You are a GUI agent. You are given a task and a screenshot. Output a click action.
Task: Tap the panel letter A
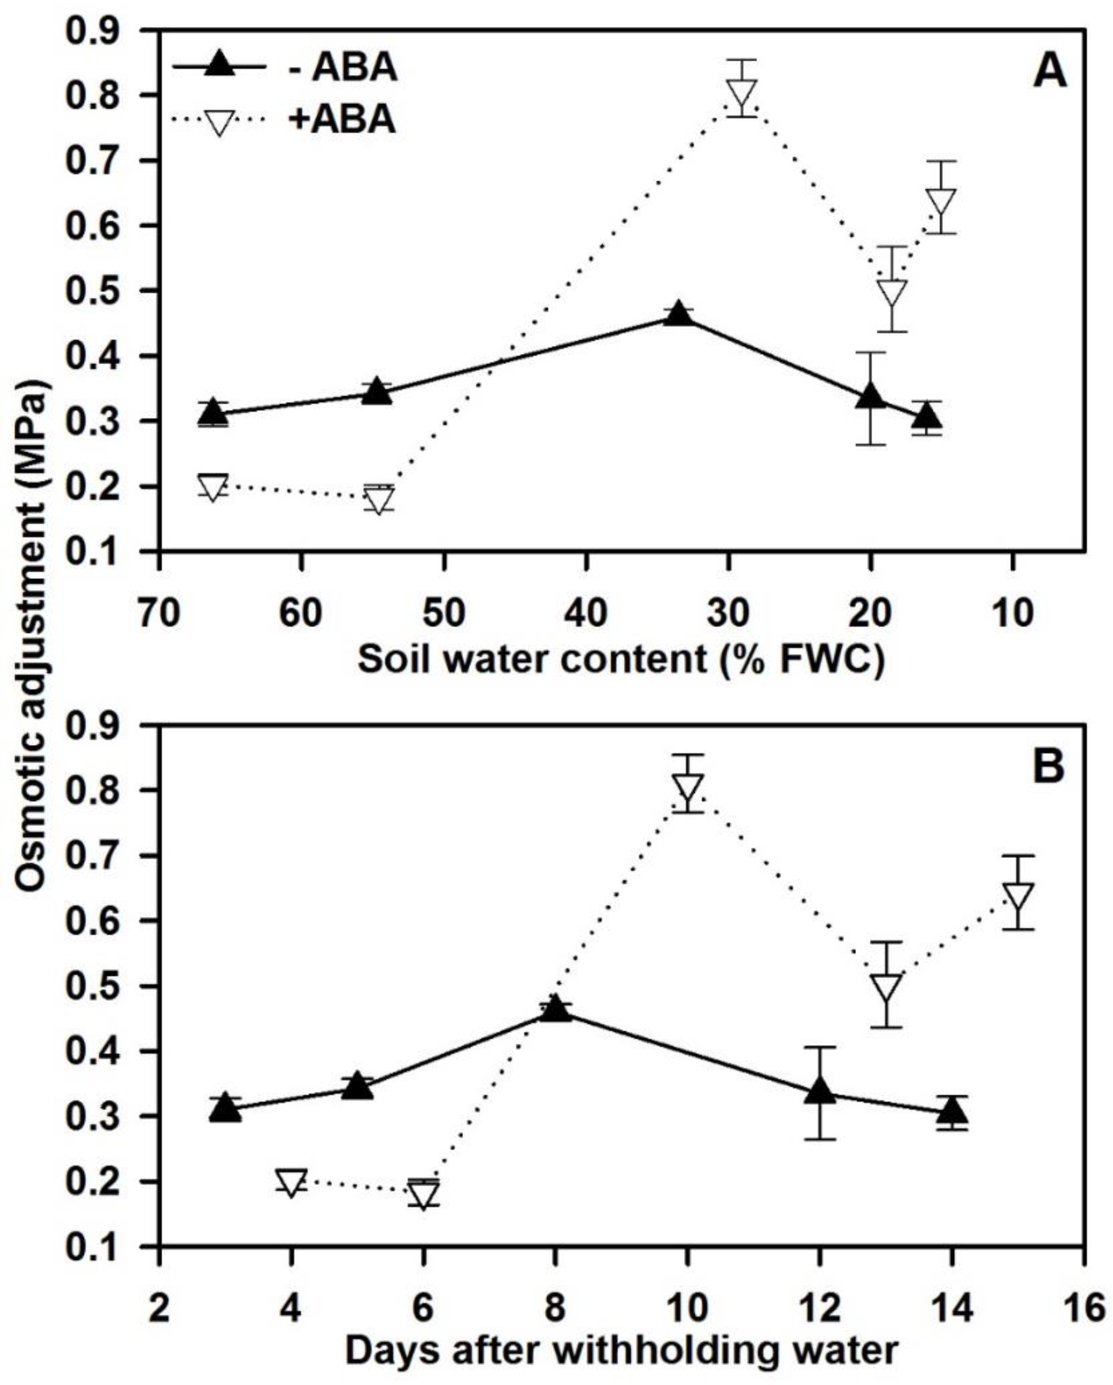click(1049, 73)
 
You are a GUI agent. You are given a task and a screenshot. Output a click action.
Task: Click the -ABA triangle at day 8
click(555, 1009)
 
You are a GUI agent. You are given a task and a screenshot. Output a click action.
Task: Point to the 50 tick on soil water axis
click(443, 612)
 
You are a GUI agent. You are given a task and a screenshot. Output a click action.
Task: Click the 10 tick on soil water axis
click(1013, 612)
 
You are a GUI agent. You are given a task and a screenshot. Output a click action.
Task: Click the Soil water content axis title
click(620, 660)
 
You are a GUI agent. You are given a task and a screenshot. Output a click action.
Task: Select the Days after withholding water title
click(620, 1351)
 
